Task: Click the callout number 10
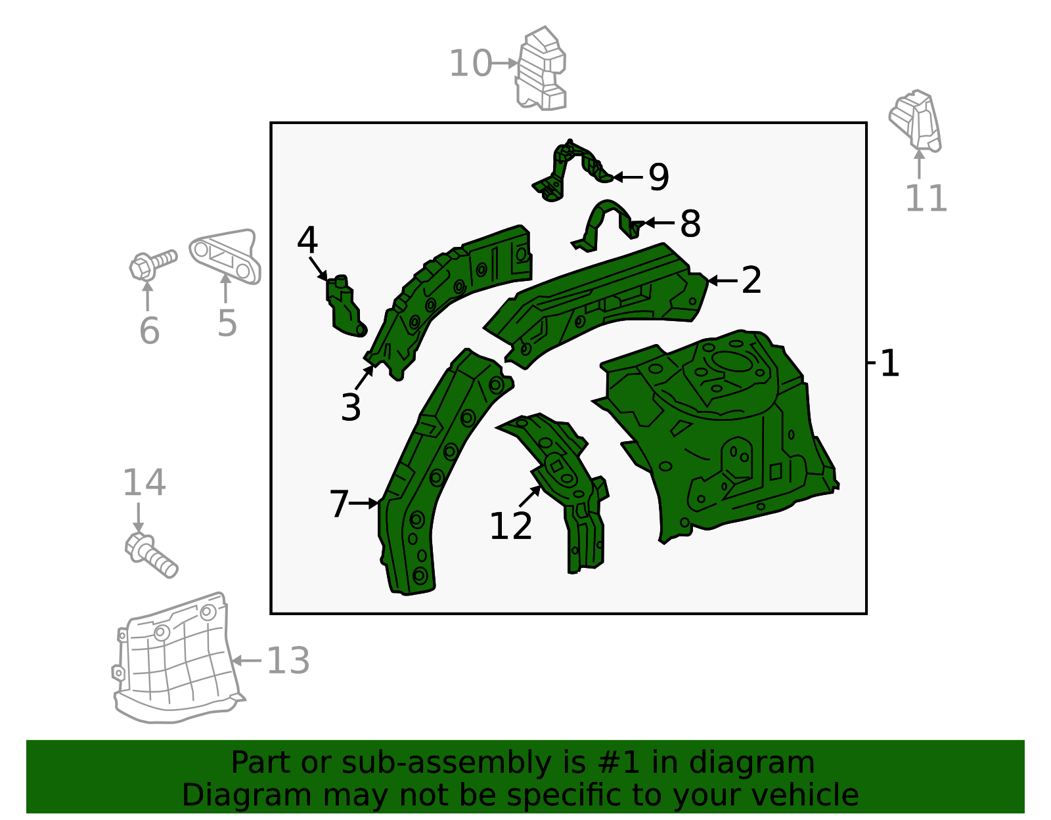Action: click(x=470, y=63)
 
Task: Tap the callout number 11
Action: click(x=926, y=198)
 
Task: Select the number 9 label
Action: click(x=659, y=177)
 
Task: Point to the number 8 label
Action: click(x=690, y=223)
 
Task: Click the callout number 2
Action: click(x=751, y=280)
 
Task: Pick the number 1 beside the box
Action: click(x=889, y=363)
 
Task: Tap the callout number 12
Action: click(x=511, y=527)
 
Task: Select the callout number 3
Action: click(x=351, y=407)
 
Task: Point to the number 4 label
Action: click(x=307, y=240)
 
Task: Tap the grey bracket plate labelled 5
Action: click(x=225, y=257)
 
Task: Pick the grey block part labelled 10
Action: click(x=541, y=68)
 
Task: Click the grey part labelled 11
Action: click(x=915, y=121)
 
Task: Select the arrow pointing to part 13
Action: click(x=246, y=660)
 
